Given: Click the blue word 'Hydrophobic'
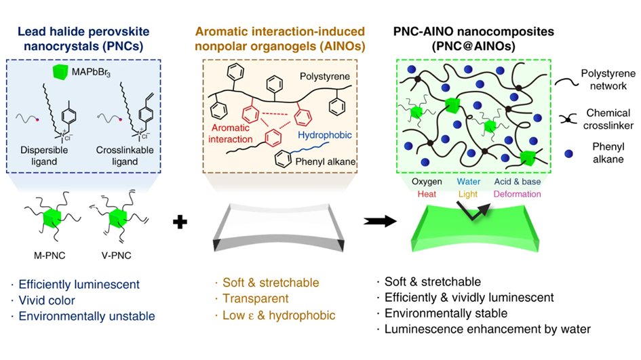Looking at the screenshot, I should coord(326,136).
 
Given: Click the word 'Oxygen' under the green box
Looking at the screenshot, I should coord(427,182).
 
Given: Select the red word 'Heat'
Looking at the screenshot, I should coord(427,194).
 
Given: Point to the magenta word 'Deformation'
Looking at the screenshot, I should coord(518,194).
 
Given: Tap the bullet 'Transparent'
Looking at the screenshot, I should coord(251,299).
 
